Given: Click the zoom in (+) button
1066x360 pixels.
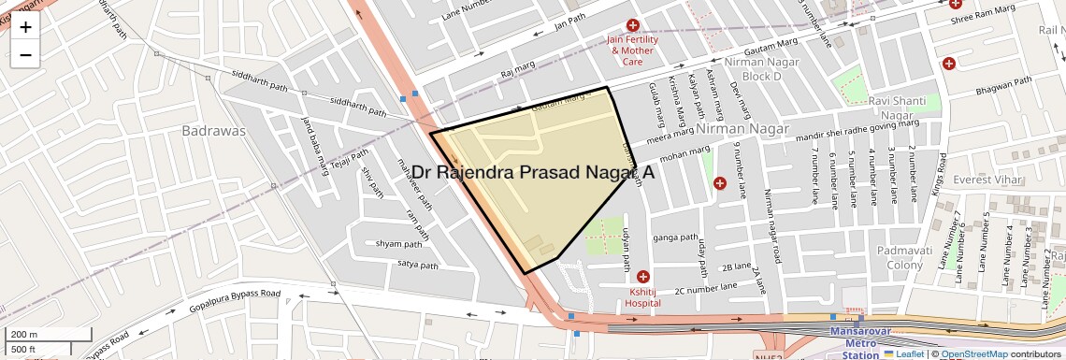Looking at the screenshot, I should coord(25,27).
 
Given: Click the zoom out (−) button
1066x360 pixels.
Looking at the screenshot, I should coord(25,55).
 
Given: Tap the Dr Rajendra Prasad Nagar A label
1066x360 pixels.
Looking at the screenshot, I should coord(533,173).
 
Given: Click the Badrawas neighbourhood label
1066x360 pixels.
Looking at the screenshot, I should coord(214,131).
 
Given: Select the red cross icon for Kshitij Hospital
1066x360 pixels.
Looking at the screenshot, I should coord(642,277).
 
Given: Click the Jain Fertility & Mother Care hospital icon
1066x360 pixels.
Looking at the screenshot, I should coord(633,25).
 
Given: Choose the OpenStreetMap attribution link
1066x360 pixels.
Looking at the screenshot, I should coord(973,354).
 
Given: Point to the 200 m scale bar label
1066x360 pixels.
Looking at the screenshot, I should coord(25,335).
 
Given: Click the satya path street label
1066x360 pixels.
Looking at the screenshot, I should coord(418,266).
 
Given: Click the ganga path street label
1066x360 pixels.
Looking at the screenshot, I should coord(676,238).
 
